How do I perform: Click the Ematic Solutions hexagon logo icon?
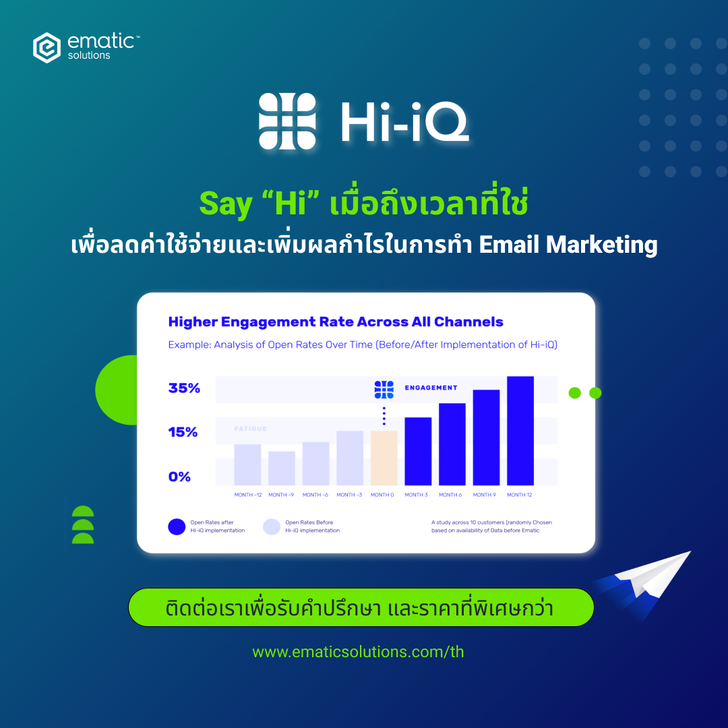pos(47,47)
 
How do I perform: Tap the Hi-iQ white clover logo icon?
pos(287,121)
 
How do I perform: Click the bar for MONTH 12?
pos(520,431)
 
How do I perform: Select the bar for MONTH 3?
pos(418,451)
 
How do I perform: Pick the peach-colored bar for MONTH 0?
pos(384,458)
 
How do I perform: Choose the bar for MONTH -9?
pos(282,468)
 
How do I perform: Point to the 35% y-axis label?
pos(184,388)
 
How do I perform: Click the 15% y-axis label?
pos(183,432)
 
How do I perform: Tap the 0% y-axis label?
pos(179,477)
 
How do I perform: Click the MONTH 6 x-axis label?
pos(450,495)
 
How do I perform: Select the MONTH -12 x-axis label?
pos(248,495)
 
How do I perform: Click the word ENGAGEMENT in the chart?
pos(431,388)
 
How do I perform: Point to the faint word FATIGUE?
pos(251,429)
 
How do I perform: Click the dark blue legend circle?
pos(177,526)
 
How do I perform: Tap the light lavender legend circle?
pos(272,526)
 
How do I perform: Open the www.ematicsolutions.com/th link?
pos(358,652)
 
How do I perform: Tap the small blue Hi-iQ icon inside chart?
pos(384,389)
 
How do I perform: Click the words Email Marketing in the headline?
pos(568,245)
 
